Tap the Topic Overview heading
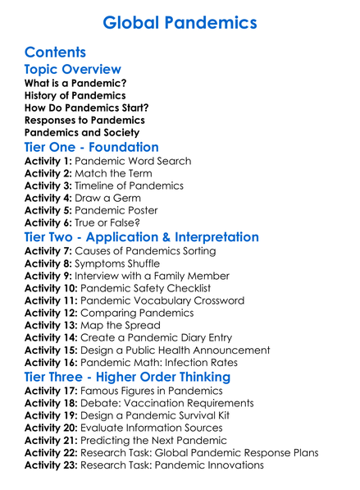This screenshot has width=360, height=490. [72, 70]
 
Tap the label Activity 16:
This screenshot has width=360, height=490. [51, 362]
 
